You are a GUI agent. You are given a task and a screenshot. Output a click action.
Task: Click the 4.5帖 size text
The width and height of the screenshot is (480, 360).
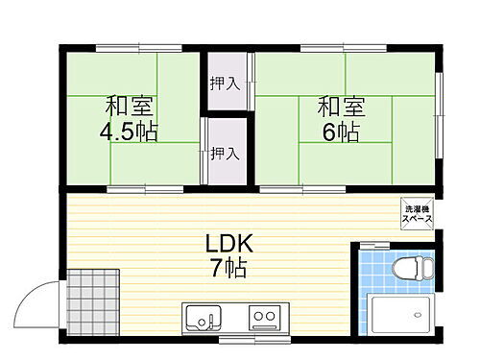tap(130, 130)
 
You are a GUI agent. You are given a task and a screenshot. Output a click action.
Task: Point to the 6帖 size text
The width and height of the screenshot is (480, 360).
tap(340, 132)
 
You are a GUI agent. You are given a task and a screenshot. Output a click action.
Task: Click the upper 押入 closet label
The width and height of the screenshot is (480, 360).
tap(225, 84)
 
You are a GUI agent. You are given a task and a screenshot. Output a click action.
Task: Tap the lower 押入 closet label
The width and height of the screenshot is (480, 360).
tap(225, 152)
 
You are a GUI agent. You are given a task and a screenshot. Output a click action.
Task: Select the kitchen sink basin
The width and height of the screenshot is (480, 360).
tap(203, 316)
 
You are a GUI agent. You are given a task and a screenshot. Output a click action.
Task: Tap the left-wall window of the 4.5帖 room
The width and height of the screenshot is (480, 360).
tap(61, 115)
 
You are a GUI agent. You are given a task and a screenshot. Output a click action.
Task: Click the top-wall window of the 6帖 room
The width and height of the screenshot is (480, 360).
tap(327, 46)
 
